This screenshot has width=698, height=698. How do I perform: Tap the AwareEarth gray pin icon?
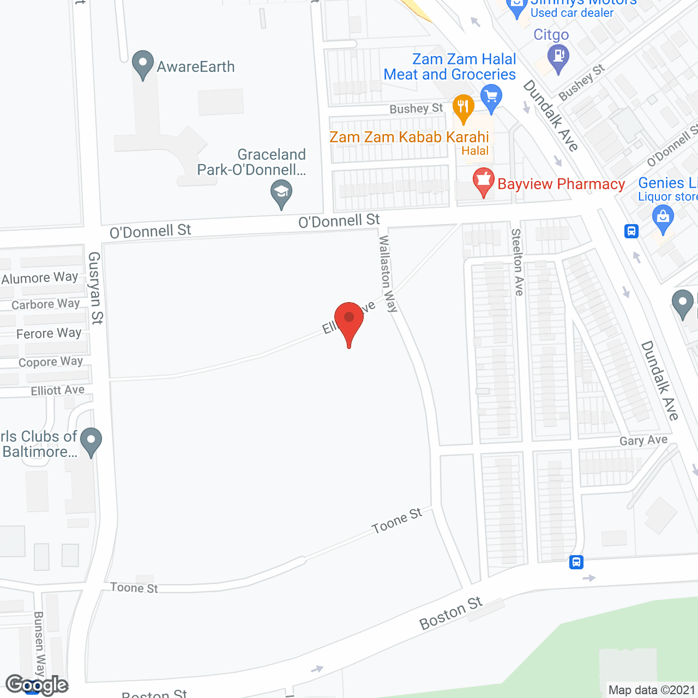tap(143, 64)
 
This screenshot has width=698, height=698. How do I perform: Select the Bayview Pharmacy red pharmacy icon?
tap(483, 182)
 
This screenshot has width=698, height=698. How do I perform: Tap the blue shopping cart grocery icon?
tap(491, 98)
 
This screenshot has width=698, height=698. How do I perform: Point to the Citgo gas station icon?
tap(558, 57)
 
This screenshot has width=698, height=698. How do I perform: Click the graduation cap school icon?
tap(281, 193)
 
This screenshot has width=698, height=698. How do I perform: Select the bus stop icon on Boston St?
tap(576, 562)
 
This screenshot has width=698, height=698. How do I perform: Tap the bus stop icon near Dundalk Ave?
tap(631, 231)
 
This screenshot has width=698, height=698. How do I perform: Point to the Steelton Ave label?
tap(517, 262)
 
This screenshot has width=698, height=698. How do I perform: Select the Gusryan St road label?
tap(95, 287)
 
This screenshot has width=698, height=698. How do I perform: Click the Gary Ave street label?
tap(643, 440)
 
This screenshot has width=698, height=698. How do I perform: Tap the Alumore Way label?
tap(40, 278)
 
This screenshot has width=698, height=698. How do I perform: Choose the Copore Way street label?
tap(50, 362)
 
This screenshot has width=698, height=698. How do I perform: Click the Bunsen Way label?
tap(39, 643)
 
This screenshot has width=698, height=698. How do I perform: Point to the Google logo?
tap(37, 685)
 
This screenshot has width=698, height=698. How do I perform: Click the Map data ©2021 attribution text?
tap(652, 690)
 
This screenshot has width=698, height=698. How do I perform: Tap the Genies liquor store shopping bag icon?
tap(663, 218)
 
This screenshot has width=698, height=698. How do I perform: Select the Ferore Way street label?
tap(49, 333)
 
